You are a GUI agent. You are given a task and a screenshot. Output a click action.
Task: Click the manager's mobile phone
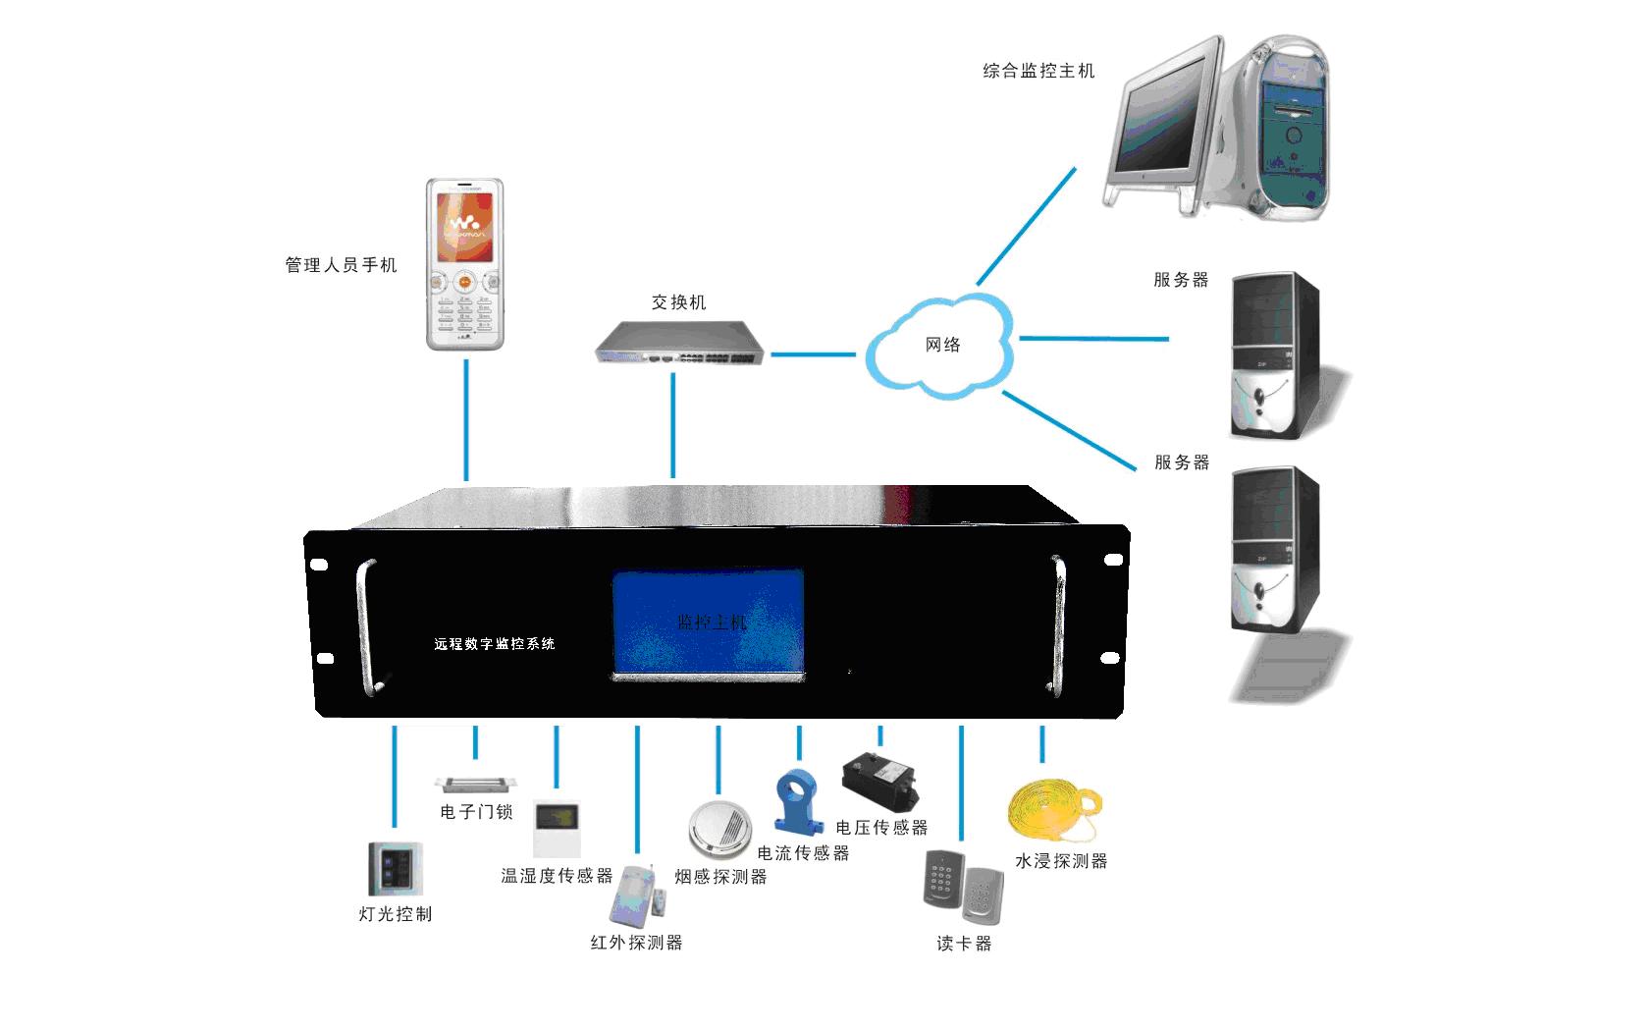465,264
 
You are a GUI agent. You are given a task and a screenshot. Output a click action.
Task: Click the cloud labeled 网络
939,346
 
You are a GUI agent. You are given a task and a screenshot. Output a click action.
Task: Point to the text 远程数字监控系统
495,644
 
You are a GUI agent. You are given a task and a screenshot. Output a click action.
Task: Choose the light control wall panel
395,870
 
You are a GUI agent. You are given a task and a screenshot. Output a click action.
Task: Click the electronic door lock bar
475,784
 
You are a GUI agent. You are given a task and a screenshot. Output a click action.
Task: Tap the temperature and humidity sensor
557,828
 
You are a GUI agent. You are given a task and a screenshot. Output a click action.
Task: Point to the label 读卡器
964,944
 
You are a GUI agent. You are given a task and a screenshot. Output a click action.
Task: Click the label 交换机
678,302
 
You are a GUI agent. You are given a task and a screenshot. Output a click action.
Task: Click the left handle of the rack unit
367,626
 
